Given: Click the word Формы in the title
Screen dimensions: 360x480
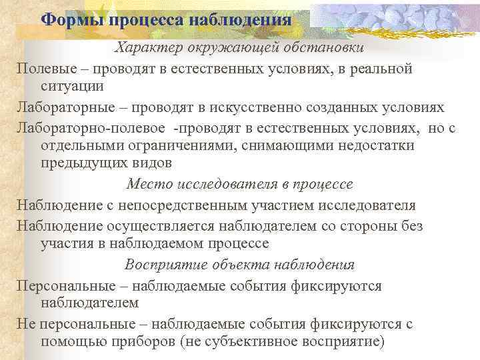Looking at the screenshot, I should [x=65, y=19].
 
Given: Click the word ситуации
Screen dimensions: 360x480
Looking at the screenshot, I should [x=72, y=87].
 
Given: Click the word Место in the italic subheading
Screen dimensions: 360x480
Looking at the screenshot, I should [x=148, y=185].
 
